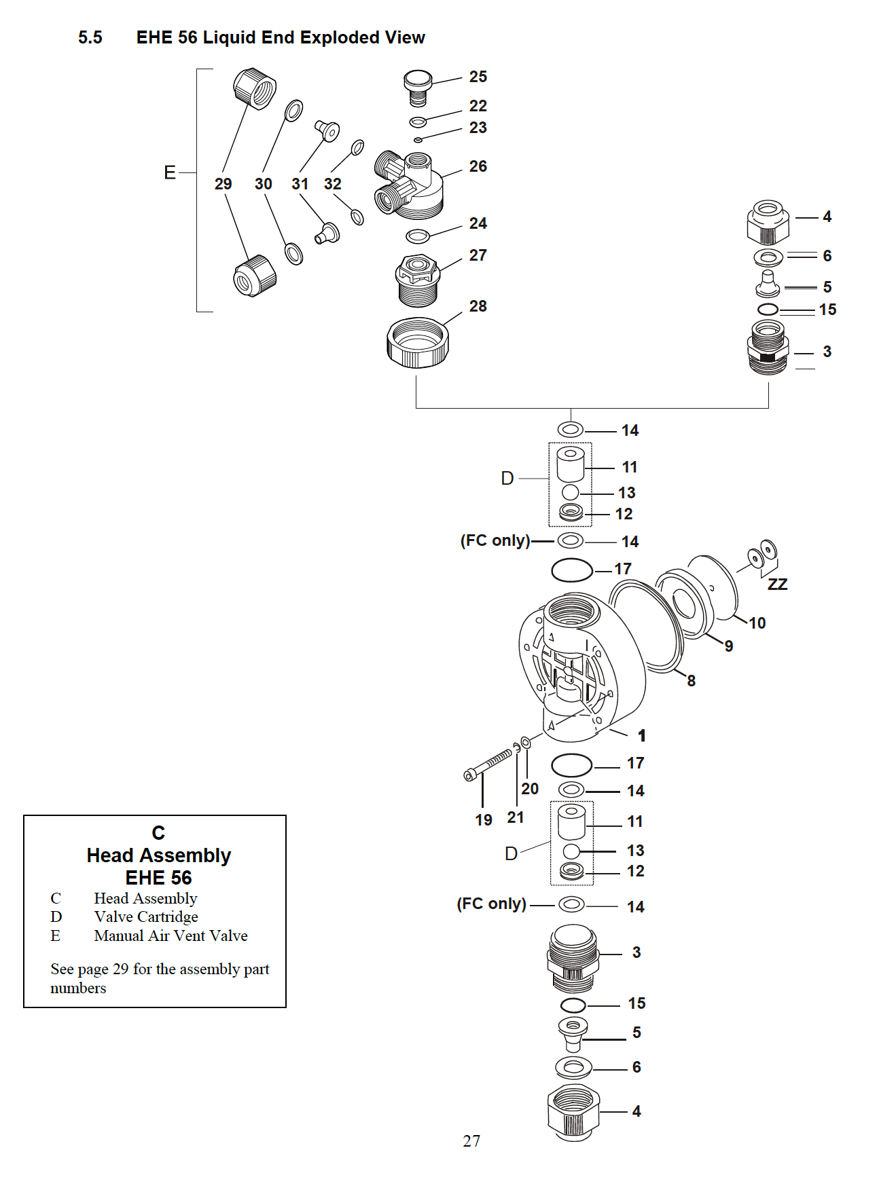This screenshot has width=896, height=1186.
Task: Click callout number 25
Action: (x=478, y=77)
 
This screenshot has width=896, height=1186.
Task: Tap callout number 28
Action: (x=478, y=306)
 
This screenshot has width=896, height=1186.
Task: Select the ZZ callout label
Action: (x=777, y=585)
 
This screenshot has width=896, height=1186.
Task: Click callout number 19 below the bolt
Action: (x=483, y=820)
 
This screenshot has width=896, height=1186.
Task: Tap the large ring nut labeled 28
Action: (x=417, y=343)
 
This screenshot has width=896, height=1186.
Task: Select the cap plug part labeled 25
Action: (x=418, y=86)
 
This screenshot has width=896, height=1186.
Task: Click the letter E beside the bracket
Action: (x=170, y=172)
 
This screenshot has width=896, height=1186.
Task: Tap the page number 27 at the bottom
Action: (x=471, y=1141)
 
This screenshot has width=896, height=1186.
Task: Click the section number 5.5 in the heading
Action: (x=90, y=37)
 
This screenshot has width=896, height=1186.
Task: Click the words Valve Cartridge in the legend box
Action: (x=146, y=917)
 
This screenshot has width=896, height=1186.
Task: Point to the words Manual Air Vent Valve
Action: (x=171, y=936)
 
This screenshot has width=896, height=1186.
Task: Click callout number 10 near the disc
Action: (x=757, y=623)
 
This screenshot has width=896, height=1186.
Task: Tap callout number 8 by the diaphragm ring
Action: (x=691, y=681)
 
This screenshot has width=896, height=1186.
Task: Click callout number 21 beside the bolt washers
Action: (x=516, y=817)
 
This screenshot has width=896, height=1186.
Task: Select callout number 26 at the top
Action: (x=478, y=166)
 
